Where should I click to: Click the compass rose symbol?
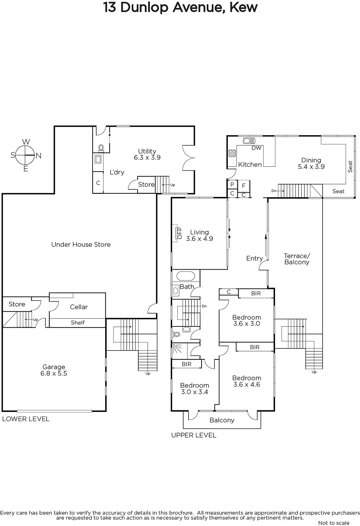(25, 155)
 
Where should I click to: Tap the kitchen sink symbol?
(249, 141)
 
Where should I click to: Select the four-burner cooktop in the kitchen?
(232, 153)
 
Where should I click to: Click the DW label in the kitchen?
(256, 148)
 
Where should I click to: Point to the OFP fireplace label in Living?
(179, 233)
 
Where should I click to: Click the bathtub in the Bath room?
(185, 276)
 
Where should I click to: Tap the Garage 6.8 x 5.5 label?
(54, 370)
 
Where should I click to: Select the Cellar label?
(79, 307)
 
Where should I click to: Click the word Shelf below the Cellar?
(78, 323)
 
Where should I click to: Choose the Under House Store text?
(81, 245)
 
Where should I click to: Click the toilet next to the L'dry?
(101, 148)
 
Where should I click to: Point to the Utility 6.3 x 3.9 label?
(147, 154)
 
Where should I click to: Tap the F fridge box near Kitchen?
(244, 186)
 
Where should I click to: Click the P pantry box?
(232, 184)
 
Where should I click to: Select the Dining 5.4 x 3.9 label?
(311, 163)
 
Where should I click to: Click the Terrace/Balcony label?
(297, 259)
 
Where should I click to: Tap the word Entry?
(254, 258)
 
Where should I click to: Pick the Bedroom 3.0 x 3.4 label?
(194, 389)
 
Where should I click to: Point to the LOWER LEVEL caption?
(26, 419)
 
